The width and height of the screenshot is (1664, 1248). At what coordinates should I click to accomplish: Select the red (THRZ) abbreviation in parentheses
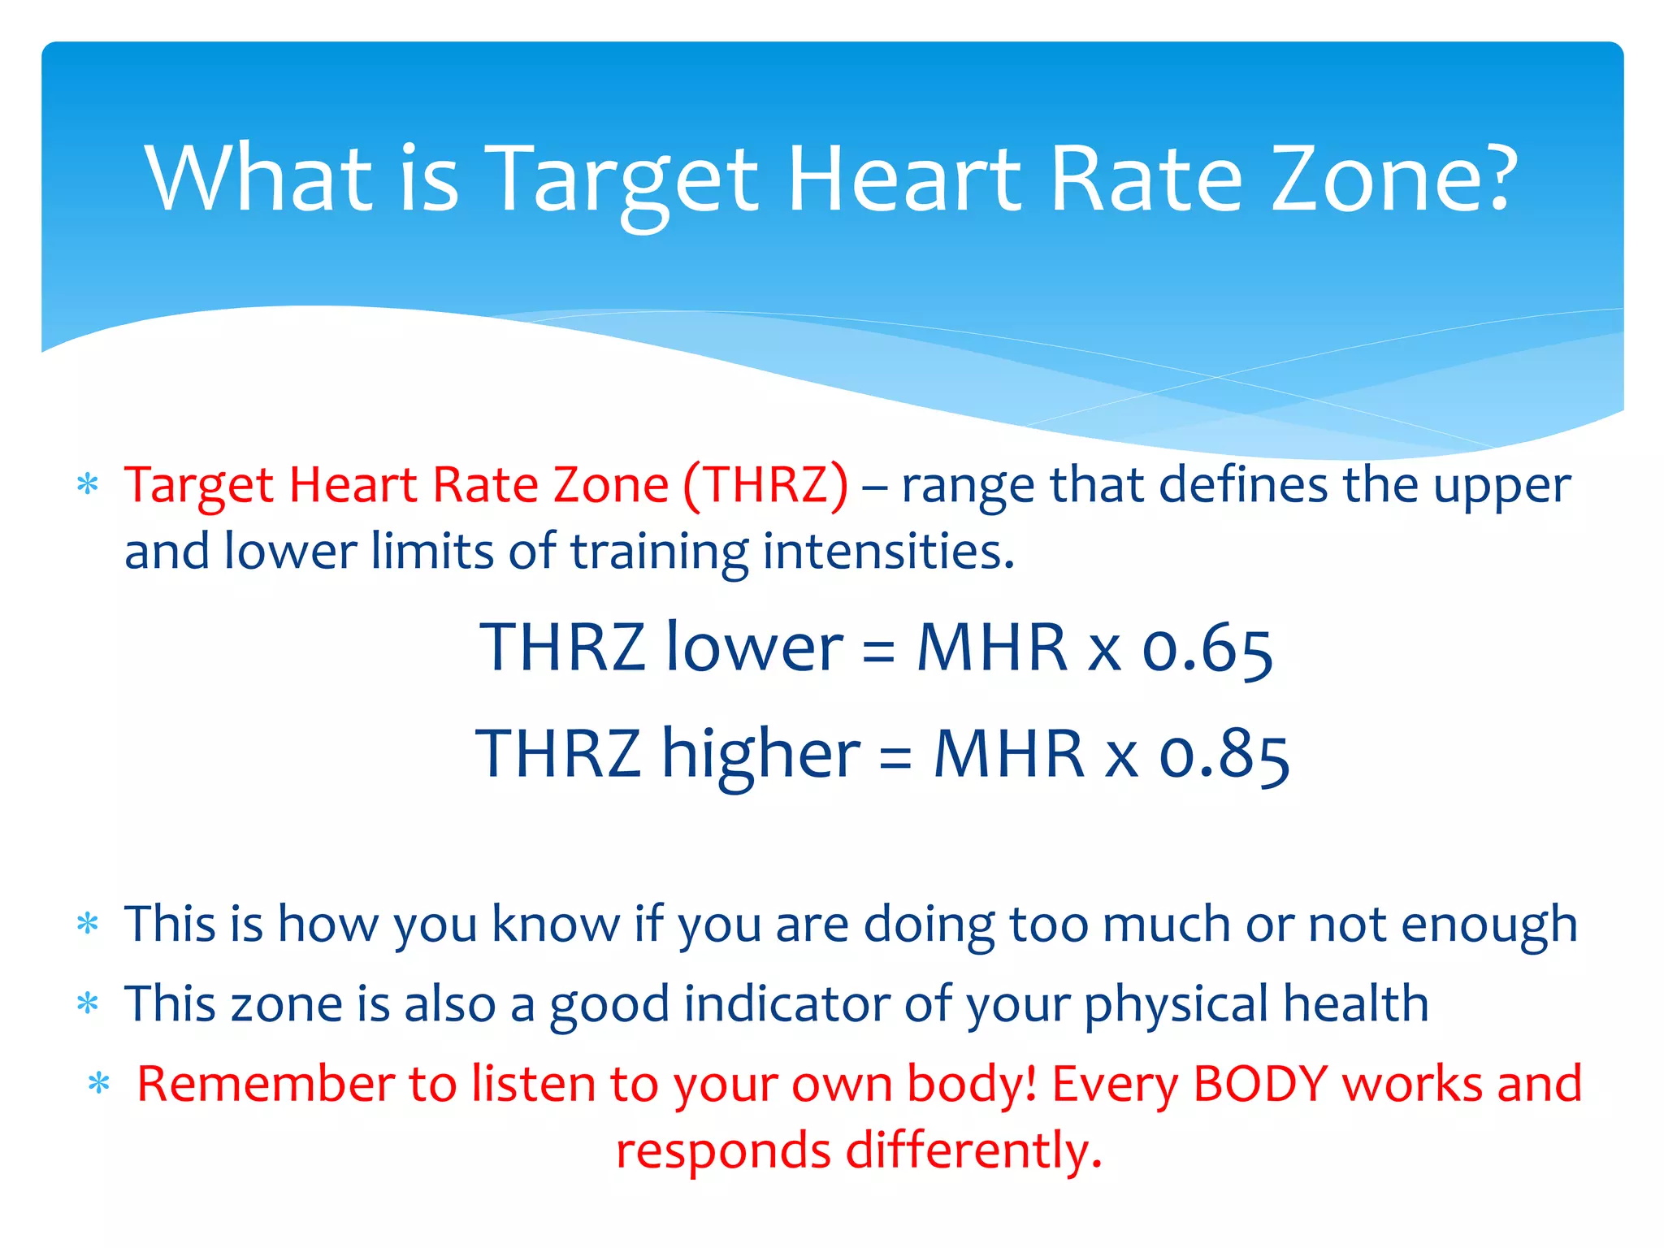pos(765,485)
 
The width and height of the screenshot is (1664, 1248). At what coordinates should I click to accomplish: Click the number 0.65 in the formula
pos(1207,649)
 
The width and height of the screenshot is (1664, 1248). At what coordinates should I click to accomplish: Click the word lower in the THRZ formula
pos(754,648)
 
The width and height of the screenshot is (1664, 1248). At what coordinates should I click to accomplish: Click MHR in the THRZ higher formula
pos(1009,754)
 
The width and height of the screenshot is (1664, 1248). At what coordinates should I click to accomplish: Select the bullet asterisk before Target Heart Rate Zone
pos(87,485)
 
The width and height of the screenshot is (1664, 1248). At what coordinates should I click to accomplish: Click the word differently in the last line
pos(973,1150)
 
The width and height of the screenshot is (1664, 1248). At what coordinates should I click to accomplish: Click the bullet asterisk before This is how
pos(87,924)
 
